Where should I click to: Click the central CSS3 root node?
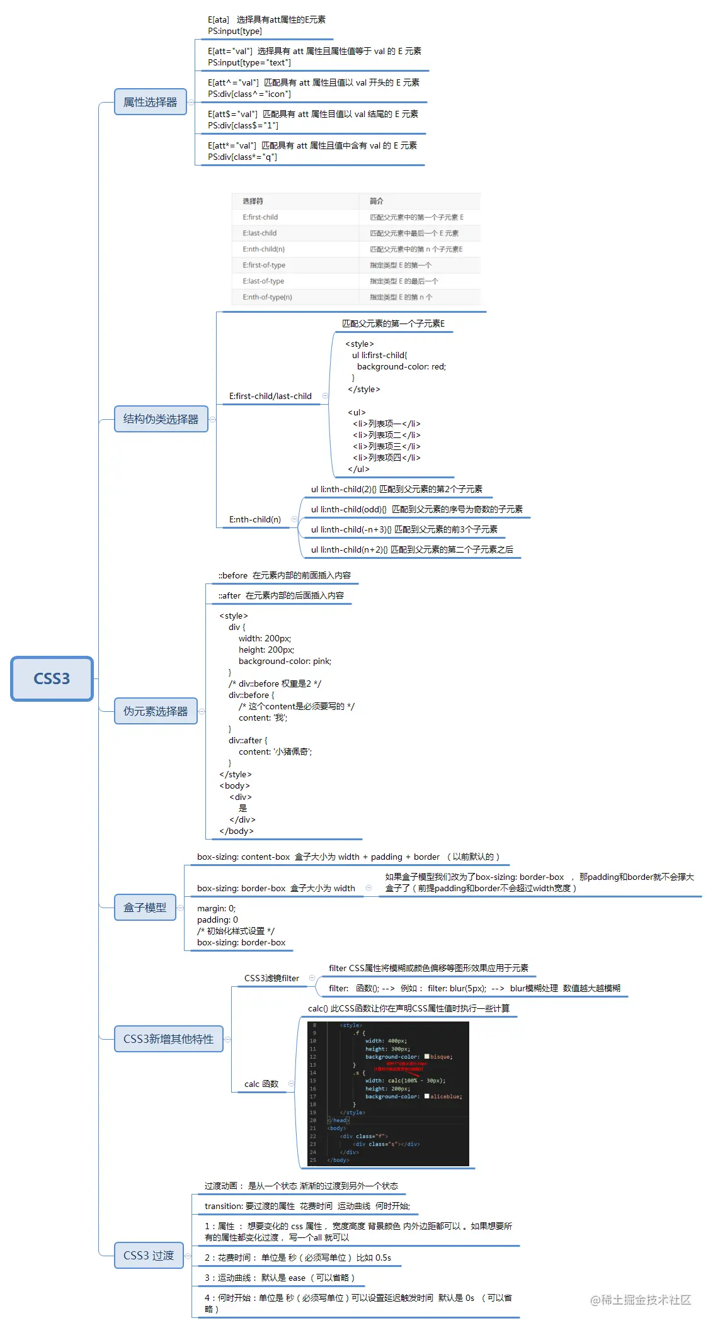[52, 678]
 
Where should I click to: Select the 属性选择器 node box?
[150, 102]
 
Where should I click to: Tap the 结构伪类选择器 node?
[161, 419]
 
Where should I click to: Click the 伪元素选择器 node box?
[156, 711]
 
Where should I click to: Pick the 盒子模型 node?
[145, 908]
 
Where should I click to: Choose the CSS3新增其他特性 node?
[168, 1039]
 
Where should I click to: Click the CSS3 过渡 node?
[149, 1256]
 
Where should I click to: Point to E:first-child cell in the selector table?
[260, 217]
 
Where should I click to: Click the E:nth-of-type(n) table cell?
[267, 297]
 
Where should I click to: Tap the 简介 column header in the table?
[376, 201]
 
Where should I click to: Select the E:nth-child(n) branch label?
[255, 519]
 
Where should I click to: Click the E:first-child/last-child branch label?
[270, 396]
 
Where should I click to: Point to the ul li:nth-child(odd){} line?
[416, 509]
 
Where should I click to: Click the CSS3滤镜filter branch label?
[271, 978]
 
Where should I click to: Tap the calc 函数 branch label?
[261, 1084]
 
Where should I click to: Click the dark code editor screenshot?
[388, 1093]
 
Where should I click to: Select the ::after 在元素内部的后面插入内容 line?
[281, 595]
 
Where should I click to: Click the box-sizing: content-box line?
[348, 857]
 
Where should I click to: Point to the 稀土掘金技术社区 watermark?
[641, 1300]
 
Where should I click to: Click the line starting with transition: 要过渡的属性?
[307, 1206]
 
